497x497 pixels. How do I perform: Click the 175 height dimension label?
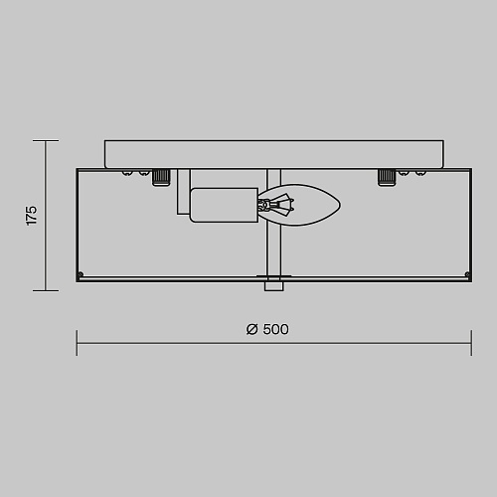click(32, 216)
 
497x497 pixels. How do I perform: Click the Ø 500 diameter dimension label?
click(267, 329)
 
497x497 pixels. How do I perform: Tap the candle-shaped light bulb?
click(299, 205)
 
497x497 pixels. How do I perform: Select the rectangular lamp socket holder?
click(224, 205)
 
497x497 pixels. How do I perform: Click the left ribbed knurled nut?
click(161, 177)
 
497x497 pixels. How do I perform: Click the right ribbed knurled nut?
click(387, 177)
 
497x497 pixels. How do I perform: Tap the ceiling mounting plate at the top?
click(274, 154)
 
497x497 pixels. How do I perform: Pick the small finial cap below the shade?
click(274, 286)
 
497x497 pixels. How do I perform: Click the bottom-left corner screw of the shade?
click(81, 274)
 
